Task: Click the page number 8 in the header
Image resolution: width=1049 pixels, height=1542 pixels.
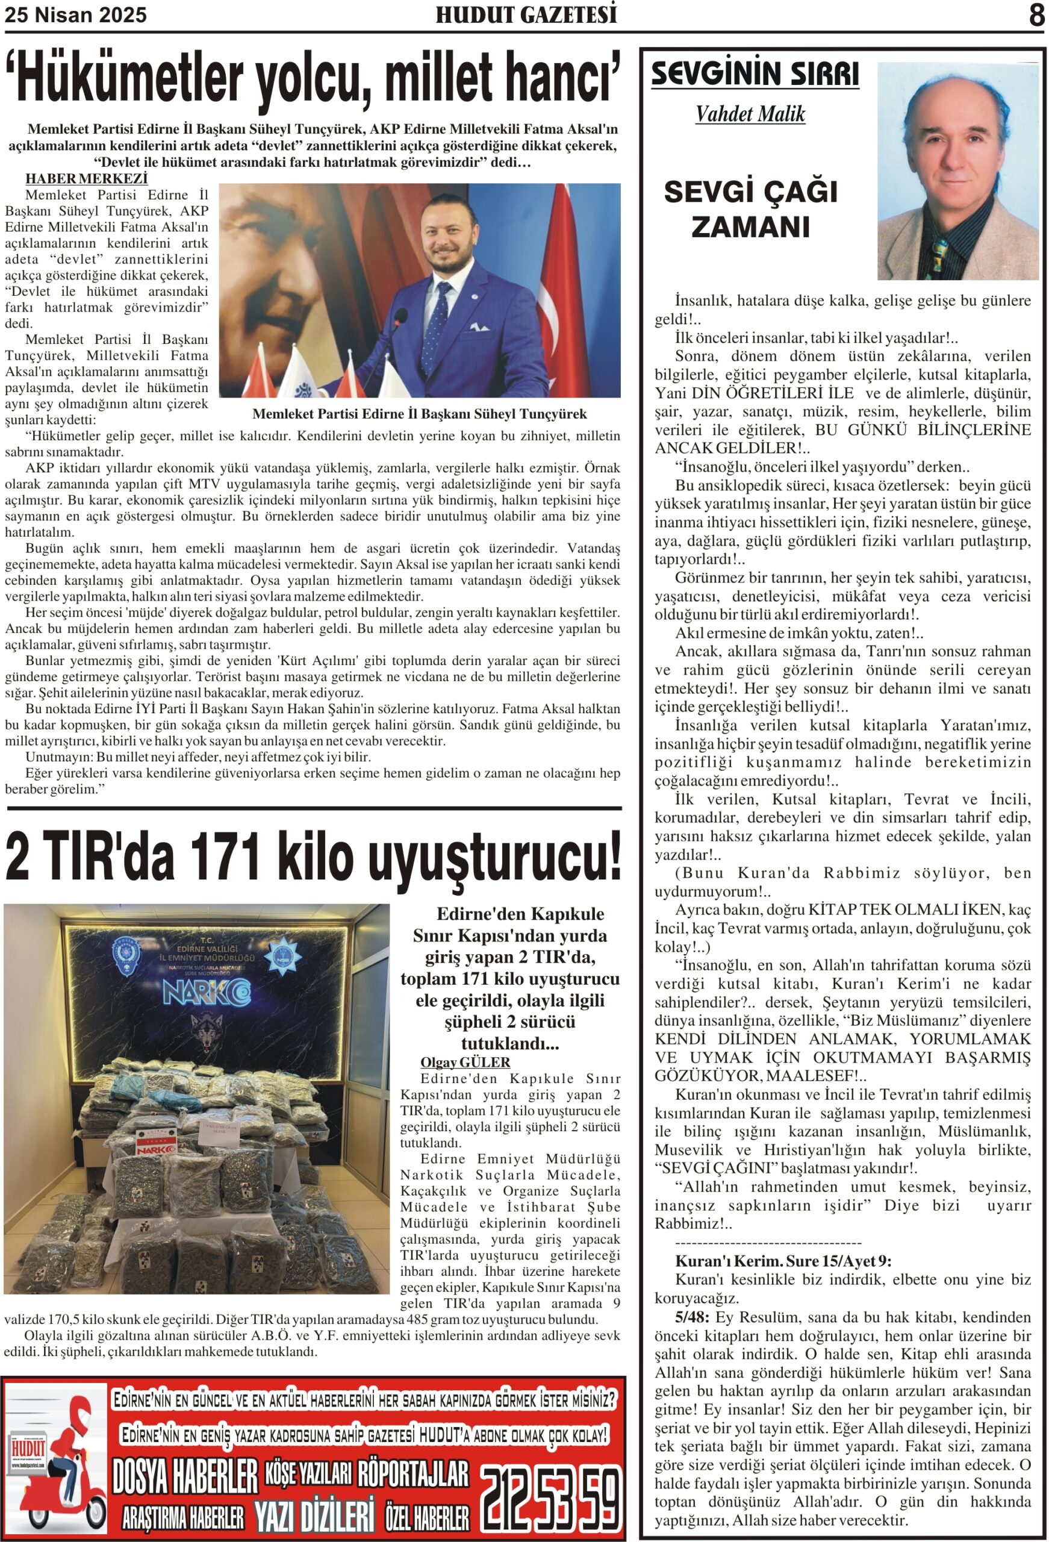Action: (x=1036, y=14)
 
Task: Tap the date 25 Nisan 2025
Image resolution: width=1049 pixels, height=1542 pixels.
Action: (x=76, y=15)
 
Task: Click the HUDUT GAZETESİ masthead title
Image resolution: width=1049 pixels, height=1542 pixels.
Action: (x=526, y=14)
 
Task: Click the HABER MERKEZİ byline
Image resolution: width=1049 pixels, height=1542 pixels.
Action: (x=86, y=178)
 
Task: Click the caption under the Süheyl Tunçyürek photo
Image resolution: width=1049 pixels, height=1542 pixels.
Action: (x=419, y=414)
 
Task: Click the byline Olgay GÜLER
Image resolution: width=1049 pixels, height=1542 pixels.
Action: (x=465, y=1063)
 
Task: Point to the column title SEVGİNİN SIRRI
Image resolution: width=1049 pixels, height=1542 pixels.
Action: (x=755, y=73)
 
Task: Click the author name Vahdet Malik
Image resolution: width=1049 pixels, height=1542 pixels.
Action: (x=750, y=114)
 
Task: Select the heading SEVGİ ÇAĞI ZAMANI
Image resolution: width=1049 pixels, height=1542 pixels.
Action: (x=750, y=209)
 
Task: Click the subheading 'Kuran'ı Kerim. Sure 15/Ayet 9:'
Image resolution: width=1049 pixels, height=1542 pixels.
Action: (x=783, y=1261)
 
